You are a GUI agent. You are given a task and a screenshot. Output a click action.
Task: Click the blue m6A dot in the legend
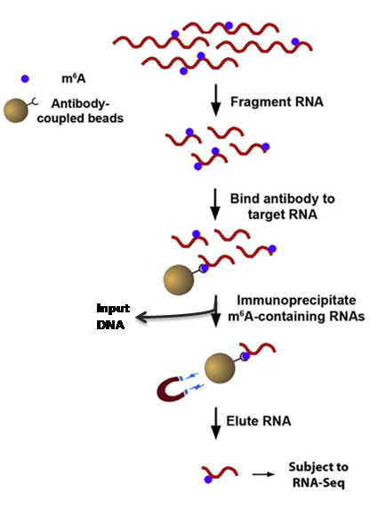[x=25, y=78]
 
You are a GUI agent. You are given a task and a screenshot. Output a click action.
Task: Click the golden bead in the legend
[x=16, y=110]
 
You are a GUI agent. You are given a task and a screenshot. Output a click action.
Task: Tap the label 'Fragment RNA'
[x=277, y=102]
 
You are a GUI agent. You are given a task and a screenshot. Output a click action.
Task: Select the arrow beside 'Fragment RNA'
[x=216, y=100]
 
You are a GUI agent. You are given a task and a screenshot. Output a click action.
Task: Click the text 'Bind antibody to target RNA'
[x=282, y=206]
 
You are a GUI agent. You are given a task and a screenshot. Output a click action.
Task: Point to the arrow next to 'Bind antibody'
[x=215, y=204]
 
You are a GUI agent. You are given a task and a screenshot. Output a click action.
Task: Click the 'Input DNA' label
[x=113, y=317]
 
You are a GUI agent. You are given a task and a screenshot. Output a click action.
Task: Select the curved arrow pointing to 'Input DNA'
[x=175, y=315]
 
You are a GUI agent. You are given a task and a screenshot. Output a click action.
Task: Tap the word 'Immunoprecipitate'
[x=296, y=300]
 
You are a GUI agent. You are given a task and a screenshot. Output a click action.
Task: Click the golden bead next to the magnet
[x=220, y=368]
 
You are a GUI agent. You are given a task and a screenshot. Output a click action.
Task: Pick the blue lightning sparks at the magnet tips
[x=193, y=381]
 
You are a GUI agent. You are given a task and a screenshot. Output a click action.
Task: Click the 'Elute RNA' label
[x=259, y=421]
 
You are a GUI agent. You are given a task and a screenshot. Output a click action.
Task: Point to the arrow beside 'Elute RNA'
[x=216, y=424]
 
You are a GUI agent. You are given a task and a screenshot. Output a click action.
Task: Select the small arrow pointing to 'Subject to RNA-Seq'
[x=263, y=474]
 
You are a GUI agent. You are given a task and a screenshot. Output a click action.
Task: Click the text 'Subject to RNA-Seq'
[x=318, y=474]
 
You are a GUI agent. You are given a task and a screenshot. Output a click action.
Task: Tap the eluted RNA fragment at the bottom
[x=220, y=473]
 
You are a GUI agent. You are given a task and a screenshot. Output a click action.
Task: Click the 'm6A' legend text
[x=74, y=78]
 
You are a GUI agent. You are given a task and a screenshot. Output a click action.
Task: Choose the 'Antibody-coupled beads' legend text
[x=80, y=110]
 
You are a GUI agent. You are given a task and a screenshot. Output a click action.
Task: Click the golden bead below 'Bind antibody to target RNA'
[x=179, y=279]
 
